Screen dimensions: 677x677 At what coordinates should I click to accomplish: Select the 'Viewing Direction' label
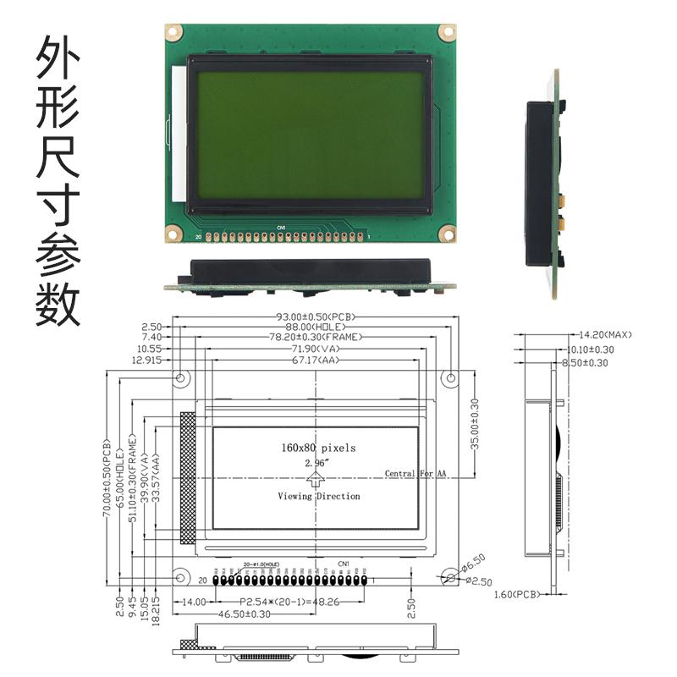click(319, 497)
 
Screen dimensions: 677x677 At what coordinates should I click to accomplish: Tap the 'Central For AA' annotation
click(416, 474)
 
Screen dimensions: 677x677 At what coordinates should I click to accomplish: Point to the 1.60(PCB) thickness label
click(516, 595)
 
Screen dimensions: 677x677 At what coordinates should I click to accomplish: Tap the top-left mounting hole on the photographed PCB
click(174, 31)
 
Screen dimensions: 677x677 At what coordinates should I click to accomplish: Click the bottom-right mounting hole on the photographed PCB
click(446, 232)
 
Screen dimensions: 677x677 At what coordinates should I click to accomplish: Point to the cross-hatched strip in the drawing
click(187, 477)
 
